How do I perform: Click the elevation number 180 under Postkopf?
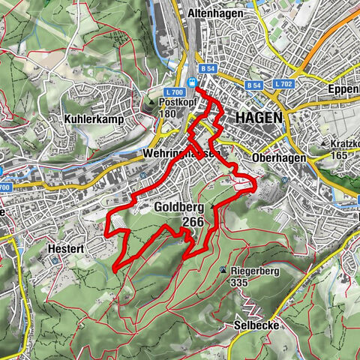[167, 113]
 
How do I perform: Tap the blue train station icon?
[193, 83]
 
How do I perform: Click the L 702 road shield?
[283, 83]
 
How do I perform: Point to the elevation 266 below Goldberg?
[193, 222]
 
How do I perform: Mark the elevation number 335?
[239, 283]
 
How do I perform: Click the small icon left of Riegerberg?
[223, 271]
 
